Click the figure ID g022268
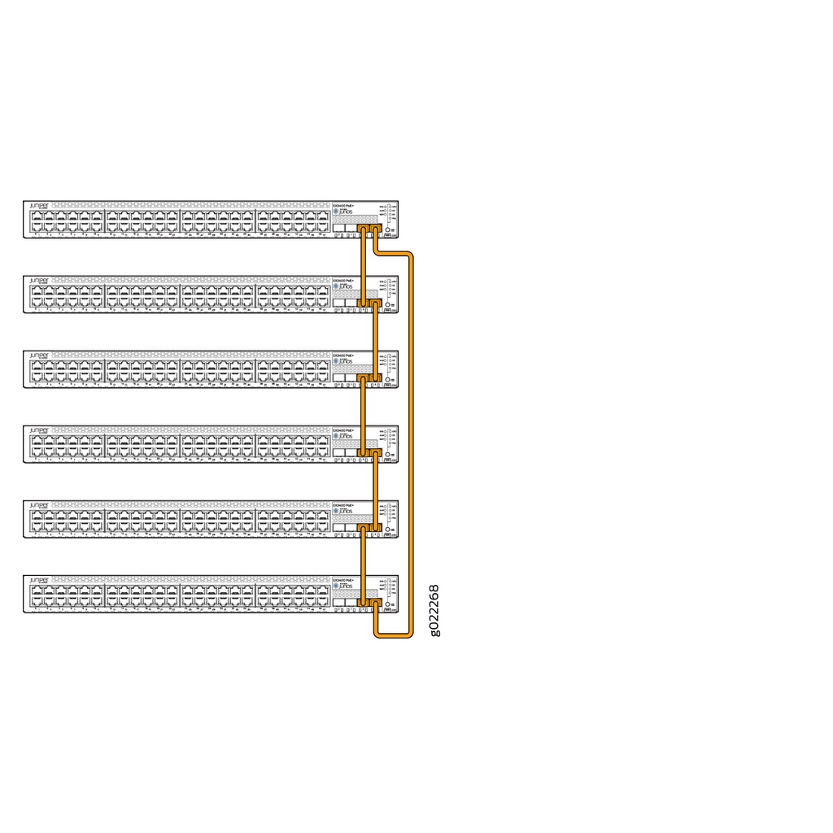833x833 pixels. [x=435, y=610]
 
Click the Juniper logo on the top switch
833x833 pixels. [x=39, y=207]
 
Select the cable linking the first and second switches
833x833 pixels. [x=363, y=268]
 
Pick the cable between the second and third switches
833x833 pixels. [x=375, y=342]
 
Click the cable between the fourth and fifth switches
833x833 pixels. [x=375, y=491]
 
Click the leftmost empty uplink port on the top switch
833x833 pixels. [x=338, y=229]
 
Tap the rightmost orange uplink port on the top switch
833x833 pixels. [x=375, y=229]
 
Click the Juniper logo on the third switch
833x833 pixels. [x=39, y=356]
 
